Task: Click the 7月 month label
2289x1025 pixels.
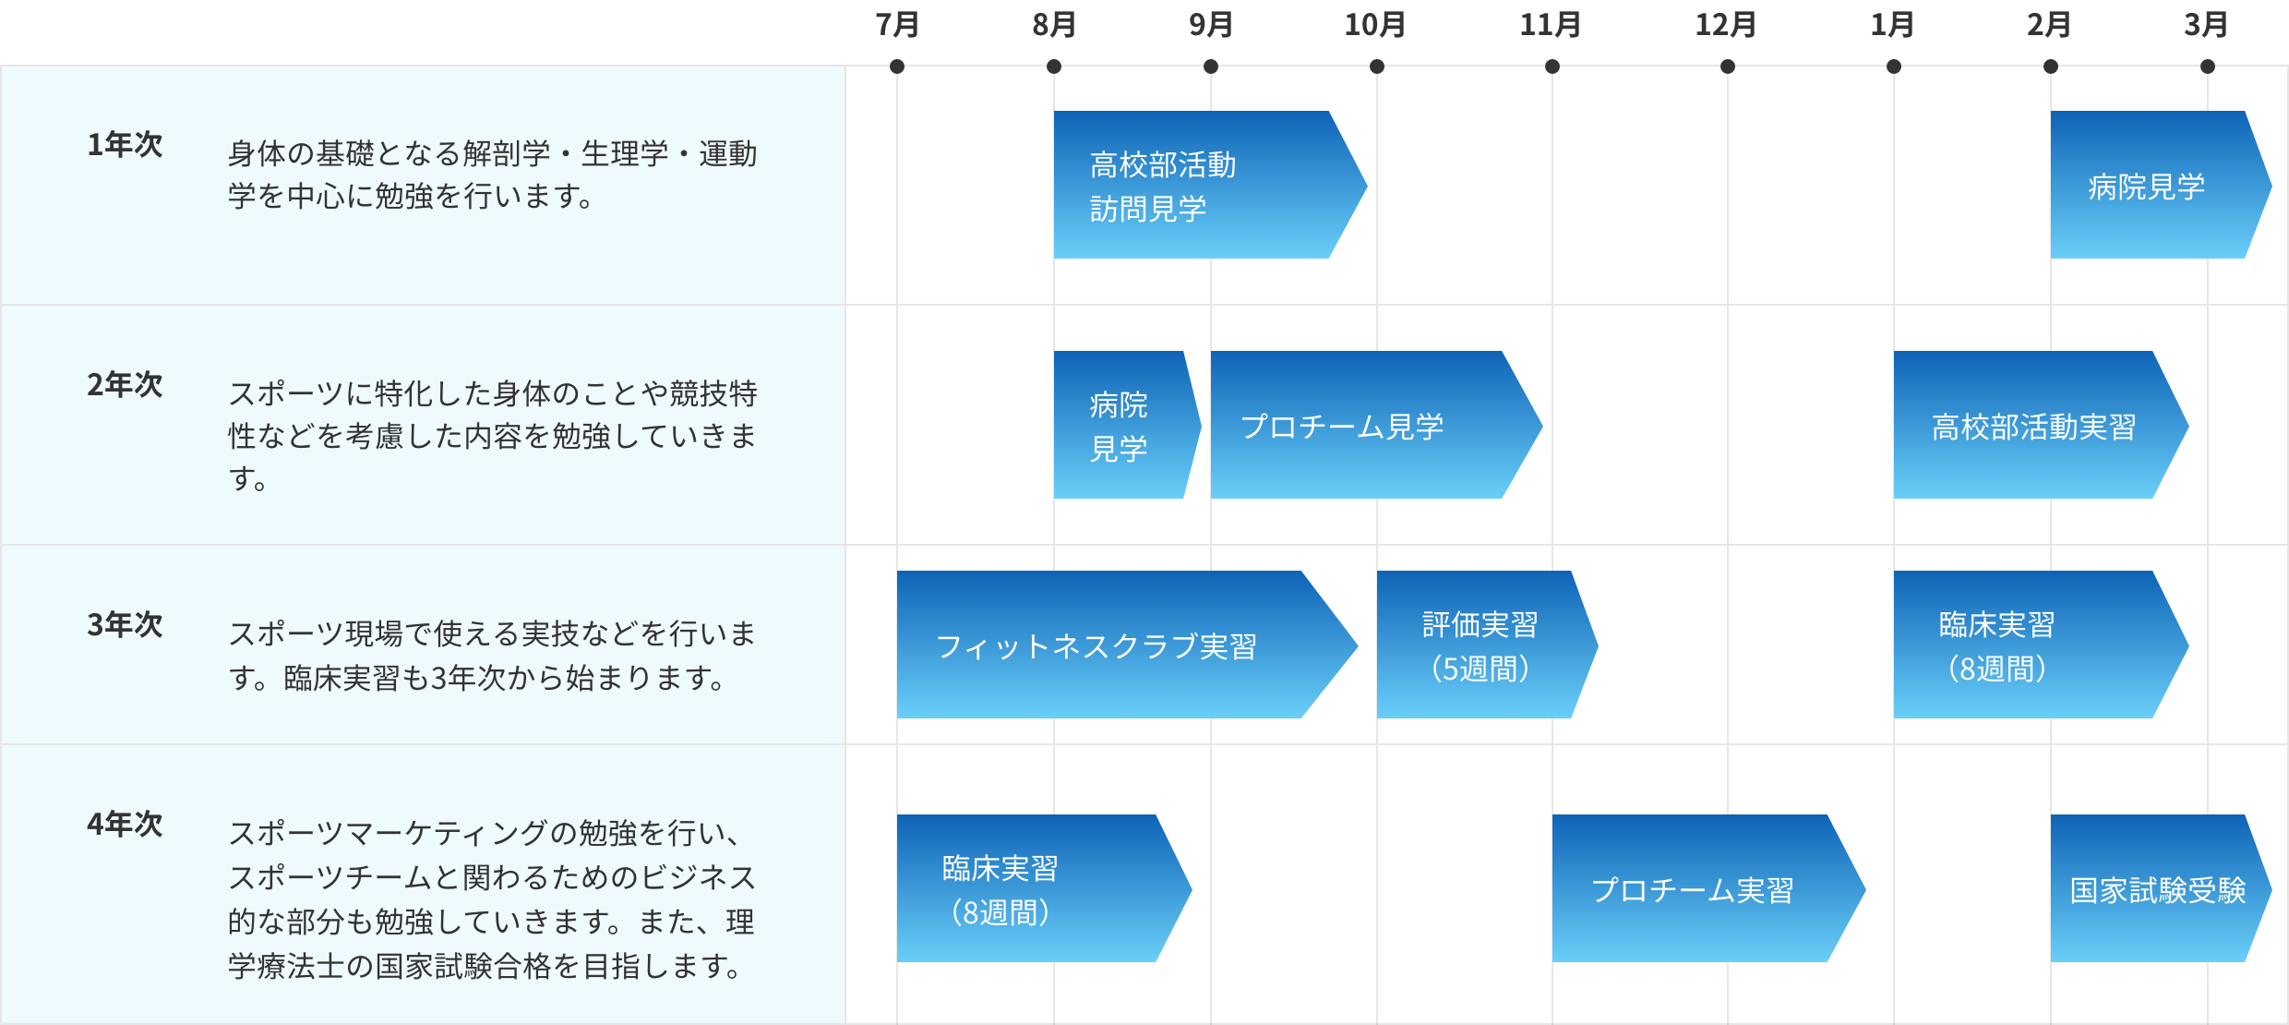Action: (896, 25)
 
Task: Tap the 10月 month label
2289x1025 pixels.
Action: (1374, 25)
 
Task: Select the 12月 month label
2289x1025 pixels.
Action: (1725, 25)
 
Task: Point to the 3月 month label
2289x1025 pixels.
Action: (2205, 25)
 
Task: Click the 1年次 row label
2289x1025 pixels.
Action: (125, 145)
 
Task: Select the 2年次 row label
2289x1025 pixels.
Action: (125, 385)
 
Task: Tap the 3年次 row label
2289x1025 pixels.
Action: (125, 625)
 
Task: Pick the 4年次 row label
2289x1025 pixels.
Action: (125, 824)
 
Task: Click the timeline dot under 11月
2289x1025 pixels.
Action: (1552, 66)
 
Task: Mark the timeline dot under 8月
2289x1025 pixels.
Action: (1054, 66)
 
